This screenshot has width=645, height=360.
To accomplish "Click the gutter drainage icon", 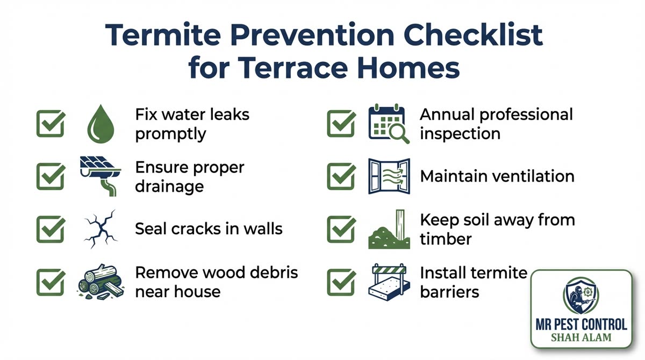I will (101, 176).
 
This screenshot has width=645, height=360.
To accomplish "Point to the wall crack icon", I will (101, 228).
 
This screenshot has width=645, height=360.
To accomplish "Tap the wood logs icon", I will (100, 281).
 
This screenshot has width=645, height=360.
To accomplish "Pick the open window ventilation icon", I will (389, 176).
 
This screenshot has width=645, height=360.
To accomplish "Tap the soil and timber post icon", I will (388, 230).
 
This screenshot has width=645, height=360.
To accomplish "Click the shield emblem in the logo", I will (581, 296).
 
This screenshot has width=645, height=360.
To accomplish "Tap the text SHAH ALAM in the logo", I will (581, 338).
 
